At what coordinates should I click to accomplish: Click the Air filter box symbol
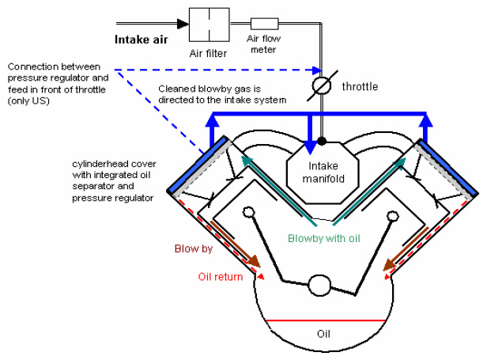point(210,25)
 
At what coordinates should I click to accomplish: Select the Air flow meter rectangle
point(265,24)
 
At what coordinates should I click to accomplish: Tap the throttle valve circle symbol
point(322,85)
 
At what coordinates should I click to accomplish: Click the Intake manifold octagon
point(323,172)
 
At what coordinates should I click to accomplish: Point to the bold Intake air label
point(142,40)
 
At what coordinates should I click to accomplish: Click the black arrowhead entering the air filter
point(183,24)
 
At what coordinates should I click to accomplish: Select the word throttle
point(360,86)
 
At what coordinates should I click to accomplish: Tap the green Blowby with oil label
point(323,238)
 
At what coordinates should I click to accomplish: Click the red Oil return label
point(221,276)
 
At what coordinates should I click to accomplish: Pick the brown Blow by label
point(194,248)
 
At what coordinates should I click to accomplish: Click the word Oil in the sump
point(323,334)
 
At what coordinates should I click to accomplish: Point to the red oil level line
point(325,320)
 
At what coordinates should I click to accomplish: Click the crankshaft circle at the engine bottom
point(319,285)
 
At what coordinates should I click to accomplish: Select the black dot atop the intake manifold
point(322,141)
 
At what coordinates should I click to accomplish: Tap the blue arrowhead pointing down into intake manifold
point(310,147)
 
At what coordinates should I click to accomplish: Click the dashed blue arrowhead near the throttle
point(317,70)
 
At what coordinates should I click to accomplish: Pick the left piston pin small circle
point(249,212)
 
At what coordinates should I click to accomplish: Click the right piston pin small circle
point(393,216)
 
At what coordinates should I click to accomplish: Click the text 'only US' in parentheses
point(28,101)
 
